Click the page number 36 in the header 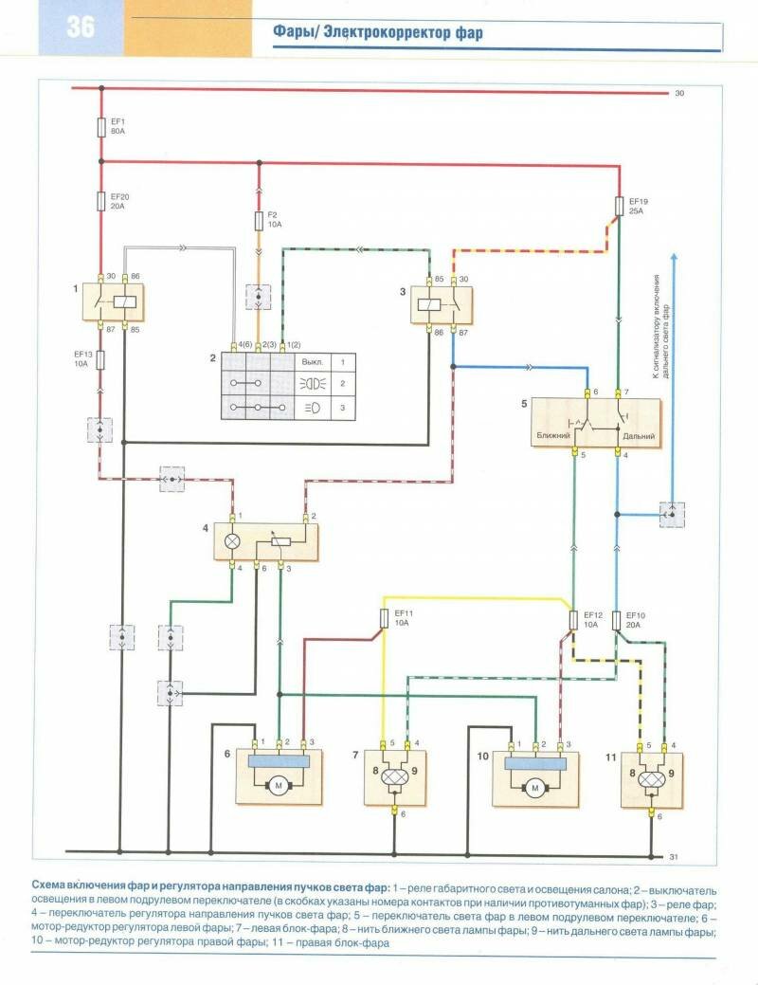[81, 27]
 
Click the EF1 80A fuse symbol [101, 127]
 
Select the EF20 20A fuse [101, 201]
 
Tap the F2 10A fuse [259, 222]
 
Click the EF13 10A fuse [101, 359]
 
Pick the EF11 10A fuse [384, 619]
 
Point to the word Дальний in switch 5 [640, 435]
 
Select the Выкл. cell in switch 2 [312, 362]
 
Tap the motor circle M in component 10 [534, 786]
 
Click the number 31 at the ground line [675, 856]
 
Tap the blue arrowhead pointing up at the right [674, 258]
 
